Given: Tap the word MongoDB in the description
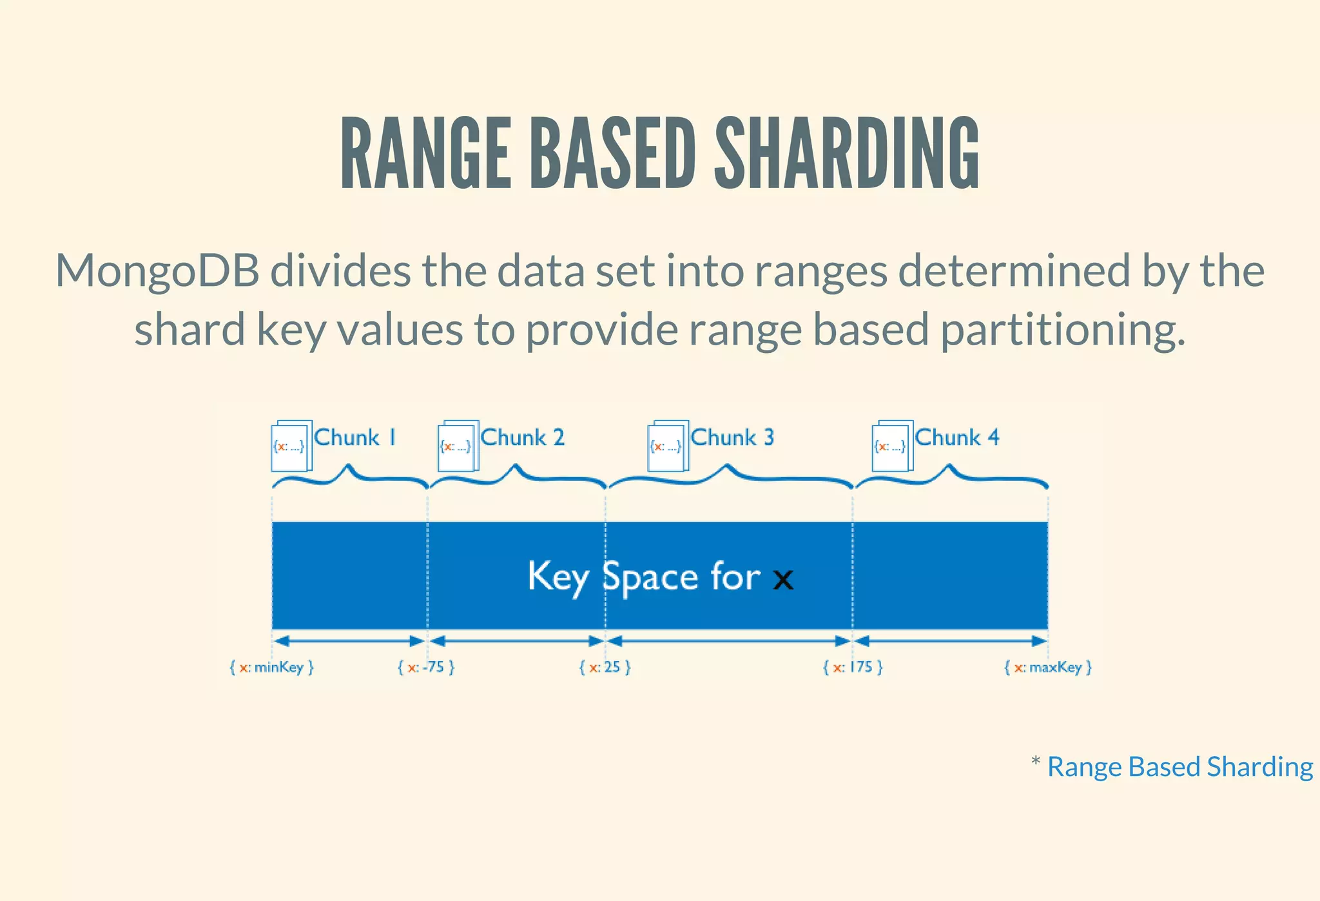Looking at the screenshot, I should tap(157, 270).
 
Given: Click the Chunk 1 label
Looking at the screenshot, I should tap(355, 438).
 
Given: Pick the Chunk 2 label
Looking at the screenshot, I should tap(523, 438).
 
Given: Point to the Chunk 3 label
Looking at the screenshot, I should tap(732, 438).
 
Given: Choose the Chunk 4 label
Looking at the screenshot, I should tap(957, 438).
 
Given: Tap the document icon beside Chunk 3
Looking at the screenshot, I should tap(668, 446).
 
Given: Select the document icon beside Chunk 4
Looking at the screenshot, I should tap(892, 446).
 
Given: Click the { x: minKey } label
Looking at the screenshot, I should tap(271, 667).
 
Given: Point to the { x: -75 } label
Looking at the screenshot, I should tap(426, 667).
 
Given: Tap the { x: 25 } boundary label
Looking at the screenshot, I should tap(605, 667).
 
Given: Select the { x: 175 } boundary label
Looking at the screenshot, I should tap(853, 667).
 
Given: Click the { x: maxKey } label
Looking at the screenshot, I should tap(1048, 667).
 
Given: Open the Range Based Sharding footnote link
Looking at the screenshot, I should tap(1179, 767).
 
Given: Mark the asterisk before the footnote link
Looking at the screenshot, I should tap(1036, 762).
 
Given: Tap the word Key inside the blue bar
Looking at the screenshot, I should tap(558, 576).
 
